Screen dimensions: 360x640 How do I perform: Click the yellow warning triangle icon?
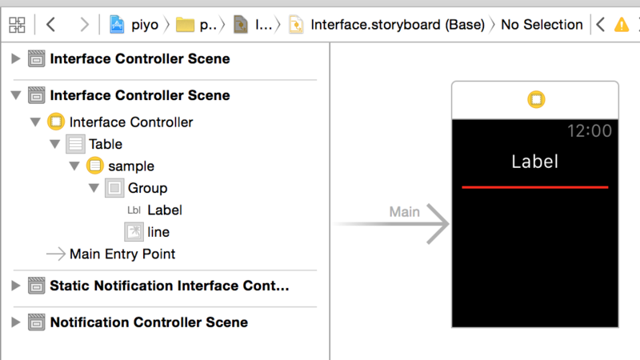pyautogui.click(x=622, y=25)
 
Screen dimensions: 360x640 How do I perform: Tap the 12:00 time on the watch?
pyautogui.click(x=589, y=131)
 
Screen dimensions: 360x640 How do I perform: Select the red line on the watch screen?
pyautogui.click(x=534, y=187)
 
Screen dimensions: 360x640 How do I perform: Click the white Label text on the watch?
pyautogui.click(x=534, y=162)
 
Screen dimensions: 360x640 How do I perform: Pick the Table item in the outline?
pyautogui.click(x=105, y=144)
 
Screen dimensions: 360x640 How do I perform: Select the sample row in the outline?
pyautogui.click(x=130, y=166)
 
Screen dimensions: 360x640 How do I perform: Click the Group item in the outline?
pyautogui.click(x=147, y=188)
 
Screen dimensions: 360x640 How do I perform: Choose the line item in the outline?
pyautogui.click(x=158, y=232)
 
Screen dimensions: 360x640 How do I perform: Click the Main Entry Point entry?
pyautogui.click(x=122, y=254)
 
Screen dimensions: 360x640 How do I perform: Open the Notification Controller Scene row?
pyautogui.click(x=149, y=322)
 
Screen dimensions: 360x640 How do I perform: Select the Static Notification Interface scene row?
pyautogui.click(x=169, y=286)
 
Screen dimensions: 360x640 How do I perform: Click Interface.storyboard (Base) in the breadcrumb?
pyautogui.click(x=397, y=25)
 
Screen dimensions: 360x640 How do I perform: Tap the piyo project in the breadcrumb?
pyautogui.click(x=144, y=25)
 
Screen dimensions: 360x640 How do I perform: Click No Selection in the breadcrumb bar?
pyautogui.click(x=542, y=25)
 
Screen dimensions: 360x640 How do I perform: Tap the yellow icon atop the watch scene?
pyautogui.click(x=535, y=100)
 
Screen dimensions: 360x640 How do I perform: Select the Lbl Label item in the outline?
pyautogui.click(x=164, y=210)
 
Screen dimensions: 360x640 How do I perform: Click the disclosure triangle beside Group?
pyautogui.click(x=94, y=189)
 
